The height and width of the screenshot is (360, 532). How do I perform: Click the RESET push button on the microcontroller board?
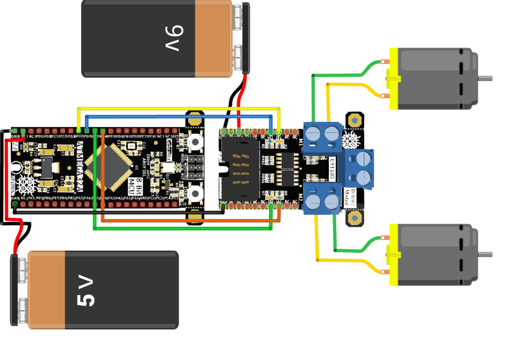(x=196, y=141)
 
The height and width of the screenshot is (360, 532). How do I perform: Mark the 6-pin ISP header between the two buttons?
(x=196, y=165)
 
